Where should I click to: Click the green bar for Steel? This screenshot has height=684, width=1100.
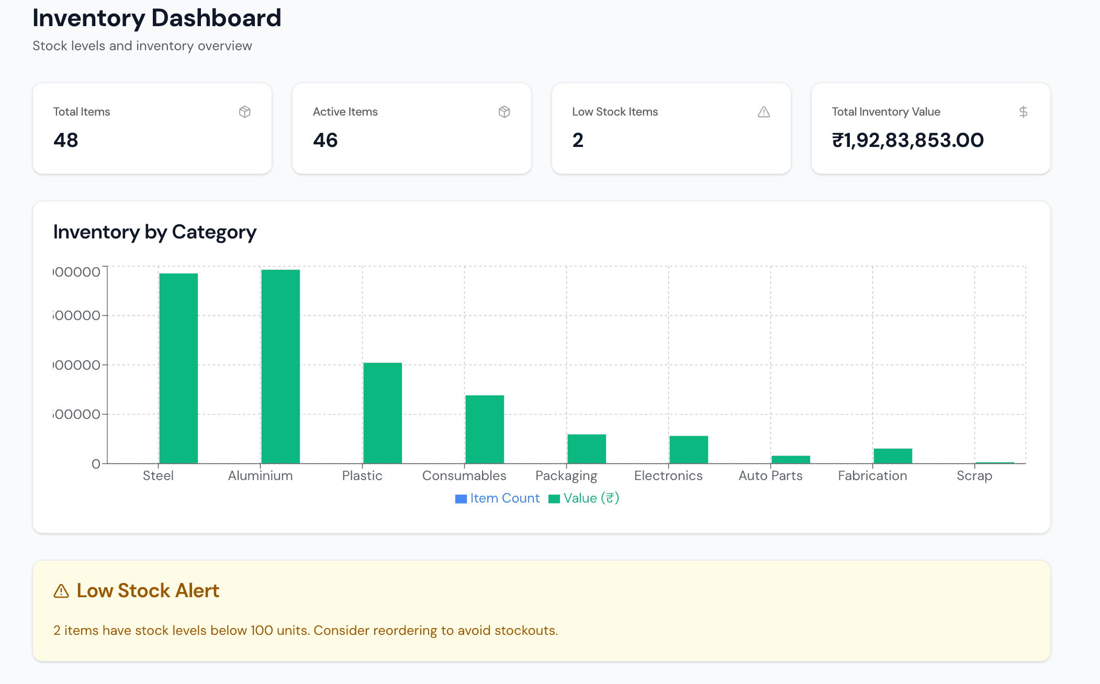(x=178, y=368)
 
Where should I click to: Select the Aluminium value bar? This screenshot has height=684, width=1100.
(x=280, y=366)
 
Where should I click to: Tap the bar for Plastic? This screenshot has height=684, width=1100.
(x=383, y=413)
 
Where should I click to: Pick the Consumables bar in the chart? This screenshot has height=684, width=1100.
(x=485, y=429)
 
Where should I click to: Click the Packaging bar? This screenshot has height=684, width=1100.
(x=587, y=449)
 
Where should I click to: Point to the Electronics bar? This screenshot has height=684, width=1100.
(x=689, y=450)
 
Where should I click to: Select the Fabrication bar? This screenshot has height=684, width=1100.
(x=893, y=456)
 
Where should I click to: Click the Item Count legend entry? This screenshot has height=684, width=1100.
(x=498, y=498)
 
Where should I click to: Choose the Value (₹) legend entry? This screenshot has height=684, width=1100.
(x=584, y=498)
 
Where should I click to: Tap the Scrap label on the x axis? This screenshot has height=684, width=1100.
(x=974, y=476)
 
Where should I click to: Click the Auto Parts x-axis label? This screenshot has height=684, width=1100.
(x=770, y=476)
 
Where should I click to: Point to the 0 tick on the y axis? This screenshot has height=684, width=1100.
(x=96, y=464)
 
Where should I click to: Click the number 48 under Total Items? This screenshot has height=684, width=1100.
(x=66, y=140)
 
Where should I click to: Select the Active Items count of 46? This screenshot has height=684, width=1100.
(x=325, y=140)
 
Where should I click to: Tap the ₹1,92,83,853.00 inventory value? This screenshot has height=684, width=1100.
(x=908, y=140)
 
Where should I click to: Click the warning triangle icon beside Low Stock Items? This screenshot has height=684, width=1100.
(x=764, y=112)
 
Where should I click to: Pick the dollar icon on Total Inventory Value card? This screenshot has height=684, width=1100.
(x=1023, y=112)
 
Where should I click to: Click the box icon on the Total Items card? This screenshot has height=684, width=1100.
(x=244, y=112)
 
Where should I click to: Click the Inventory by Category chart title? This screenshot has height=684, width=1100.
(x=155, y=232)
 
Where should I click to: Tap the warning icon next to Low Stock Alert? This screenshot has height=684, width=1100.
(x=61, y=591)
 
